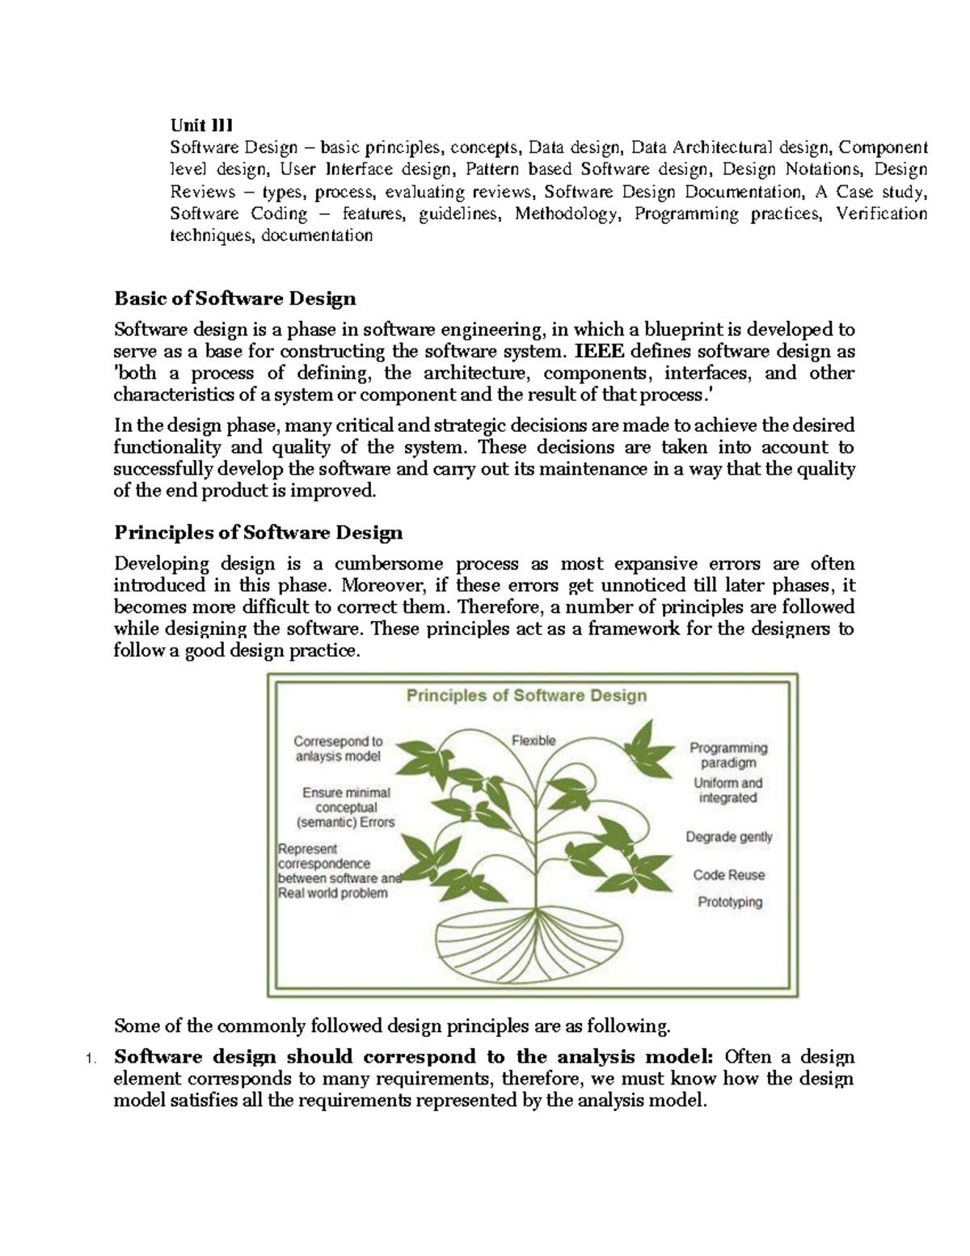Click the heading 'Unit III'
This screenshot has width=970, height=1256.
pos(200,125)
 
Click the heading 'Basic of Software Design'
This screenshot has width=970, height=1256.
pos(235,298)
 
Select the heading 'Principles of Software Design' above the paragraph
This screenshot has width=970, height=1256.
pos(258,533)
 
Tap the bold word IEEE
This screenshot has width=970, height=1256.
pos(599,352)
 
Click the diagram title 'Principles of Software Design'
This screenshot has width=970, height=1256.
pos(525,696)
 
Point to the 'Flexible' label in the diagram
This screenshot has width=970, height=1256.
pos(533,740)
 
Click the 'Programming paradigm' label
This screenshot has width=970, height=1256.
pos(728,755)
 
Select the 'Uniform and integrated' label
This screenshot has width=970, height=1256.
pos(727,790)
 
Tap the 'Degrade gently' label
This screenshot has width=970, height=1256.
pos(729,837)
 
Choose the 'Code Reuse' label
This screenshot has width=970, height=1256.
pos(728,875)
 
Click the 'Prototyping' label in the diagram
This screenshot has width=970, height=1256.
pos(730,902)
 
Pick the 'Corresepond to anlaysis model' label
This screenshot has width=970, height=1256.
pos(337,748)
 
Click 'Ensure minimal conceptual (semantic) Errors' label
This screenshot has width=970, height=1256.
pos(345,807)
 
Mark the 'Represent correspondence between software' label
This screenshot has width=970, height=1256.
pos(338,871)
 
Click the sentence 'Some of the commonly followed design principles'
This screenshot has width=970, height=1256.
pos(392,1026)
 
